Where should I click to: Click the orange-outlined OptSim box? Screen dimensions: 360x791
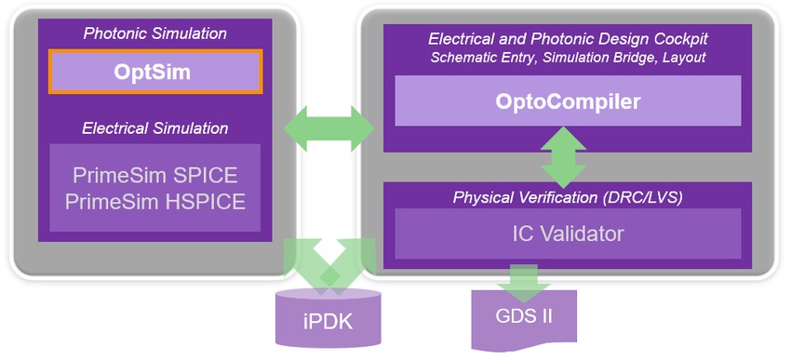click(154, 72)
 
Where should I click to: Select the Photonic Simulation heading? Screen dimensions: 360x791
click(154, 33)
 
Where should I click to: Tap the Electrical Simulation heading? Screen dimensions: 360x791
click(154, 127)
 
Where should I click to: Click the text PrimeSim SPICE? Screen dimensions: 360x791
click(154, 175)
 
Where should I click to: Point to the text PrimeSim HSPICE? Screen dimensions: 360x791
click(154, 199)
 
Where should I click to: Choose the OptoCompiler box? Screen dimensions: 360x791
click(568, 100)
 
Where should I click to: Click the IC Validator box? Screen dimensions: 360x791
click(568, 233)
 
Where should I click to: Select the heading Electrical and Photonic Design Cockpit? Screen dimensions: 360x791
click(568, 39)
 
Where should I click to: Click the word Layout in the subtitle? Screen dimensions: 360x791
click(683, 57)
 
